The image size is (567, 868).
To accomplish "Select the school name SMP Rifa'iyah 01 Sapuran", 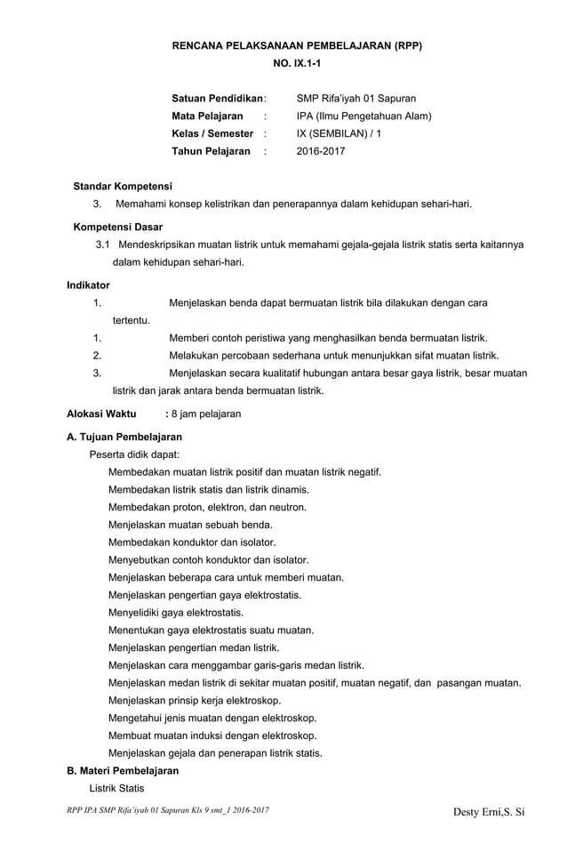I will [x=355, y=99].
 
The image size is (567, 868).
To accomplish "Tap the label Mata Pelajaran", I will [x=207, y=117].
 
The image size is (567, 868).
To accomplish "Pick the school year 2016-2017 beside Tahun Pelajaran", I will [x=321, y=152].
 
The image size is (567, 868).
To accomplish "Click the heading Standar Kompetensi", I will [x=123, y=187].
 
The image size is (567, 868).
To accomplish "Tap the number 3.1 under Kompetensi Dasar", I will [x=102, y=244].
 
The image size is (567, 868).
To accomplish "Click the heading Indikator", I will [x=89, y=285].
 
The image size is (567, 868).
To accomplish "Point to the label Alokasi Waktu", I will [x=102, y=414].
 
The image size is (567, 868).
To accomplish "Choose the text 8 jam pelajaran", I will [x=206, y=414].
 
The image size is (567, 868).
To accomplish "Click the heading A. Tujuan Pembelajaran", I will [x=124, y=438].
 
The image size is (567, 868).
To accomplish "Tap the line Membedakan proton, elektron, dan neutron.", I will [x=207, y=507].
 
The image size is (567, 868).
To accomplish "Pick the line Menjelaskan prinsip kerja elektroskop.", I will [x=194, y=701].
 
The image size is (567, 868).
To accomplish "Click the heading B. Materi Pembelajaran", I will [x=123, y=771].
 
